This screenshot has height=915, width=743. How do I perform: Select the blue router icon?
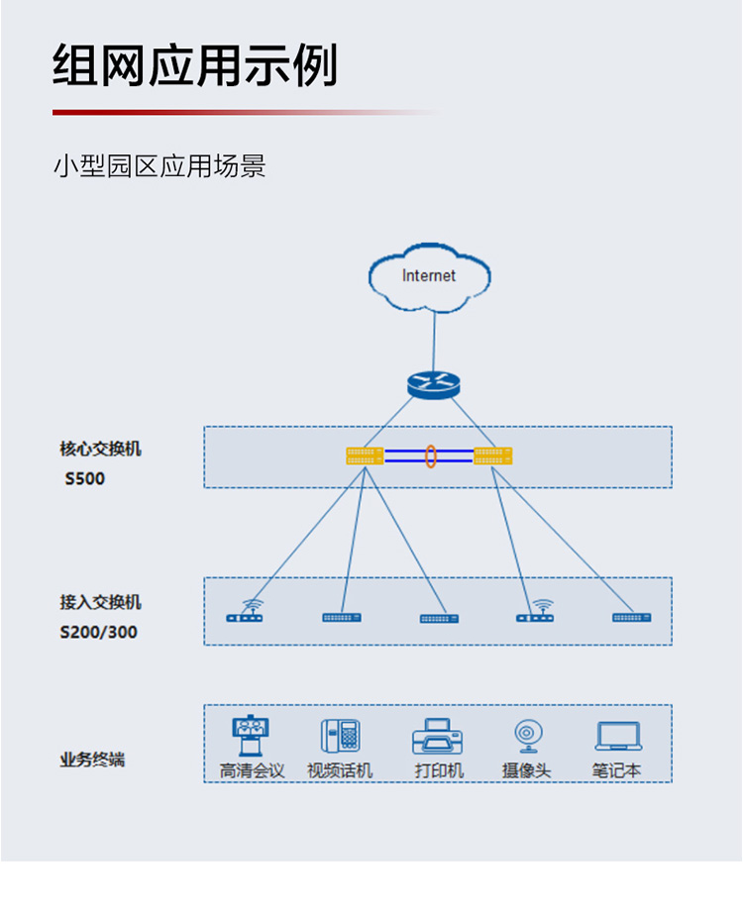[x=434, y=385]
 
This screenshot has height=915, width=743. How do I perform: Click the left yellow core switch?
[x=365, y=456]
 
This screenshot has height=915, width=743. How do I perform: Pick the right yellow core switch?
[x=493, y=456]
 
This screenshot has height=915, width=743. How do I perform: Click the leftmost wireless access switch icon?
[x=245, y=612]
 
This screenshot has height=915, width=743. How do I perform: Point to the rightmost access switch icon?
[x=632, y=617]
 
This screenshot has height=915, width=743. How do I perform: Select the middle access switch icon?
[x=440, y=619]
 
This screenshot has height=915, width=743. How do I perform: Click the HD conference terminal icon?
[x=251, y=735]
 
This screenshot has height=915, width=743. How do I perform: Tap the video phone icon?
[x=340, y=736]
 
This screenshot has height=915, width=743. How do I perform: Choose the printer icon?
[x=438, y=737]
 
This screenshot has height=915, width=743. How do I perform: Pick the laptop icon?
[x=619, y=736]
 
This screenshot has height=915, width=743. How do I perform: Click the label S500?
[x=84, y=479]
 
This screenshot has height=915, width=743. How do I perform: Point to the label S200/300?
[x=99, y=632]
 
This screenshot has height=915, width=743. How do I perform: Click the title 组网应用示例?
[x=195, y=64]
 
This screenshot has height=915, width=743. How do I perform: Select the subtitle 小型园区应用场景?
[x=159, y=166]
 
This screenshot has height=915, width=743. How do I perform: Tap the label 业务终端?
[x=92, y=760]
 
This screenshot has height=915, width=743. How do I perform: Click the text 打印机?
[x=439, y=770]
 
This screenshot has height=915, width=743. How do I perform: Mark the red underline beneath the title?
[x=245, y=112]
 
